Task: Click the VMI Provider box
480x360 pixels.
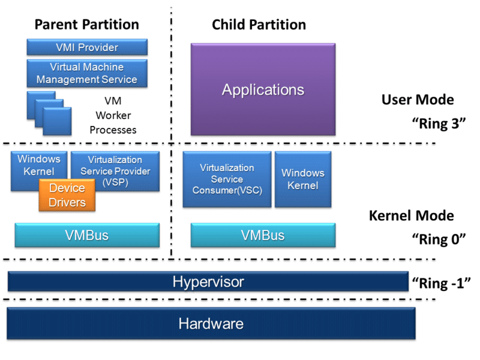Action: point(87,47)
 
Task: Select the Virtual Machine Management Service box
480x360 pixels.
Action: point(87,73)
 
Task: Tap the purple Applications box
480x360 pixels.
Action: point(263,90)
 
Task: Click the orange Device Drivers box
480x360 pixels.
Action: point(67,196)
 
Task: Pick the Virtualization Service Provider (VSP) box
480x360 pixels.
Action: point(115,171)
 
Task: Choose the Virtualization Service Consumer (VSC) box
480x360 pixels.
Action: point(227,179)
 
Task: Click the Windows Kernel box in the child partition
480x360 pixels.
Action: point(303,179)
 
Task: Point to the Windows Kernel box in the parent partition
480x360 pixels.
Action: point(38,164)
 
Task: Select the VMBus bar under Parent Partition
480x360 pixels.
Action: point(87,235)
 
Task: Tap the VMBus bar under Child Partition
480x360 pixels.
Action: point(263,235)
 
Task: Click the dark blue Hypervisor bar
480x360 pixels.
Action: point(208,281)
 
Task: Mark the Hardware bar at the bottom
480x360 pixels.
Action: point(211,324)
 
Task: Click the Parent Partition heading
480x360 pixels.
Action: point(87,25)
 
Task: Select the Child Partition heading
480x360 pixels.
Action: point(259,25)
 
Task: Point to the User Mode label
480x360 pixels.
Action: point(418,100)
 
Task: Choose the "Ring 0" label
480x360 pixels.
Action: point(439,239)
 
